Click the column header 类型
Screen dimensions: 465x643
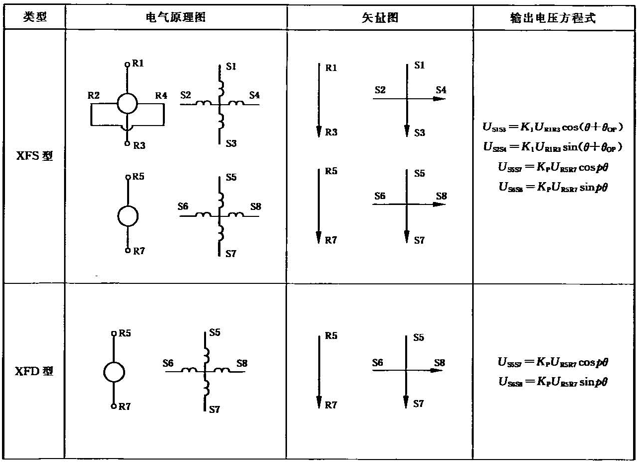(x=34, y=17)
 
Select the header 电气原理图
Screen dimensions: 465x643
(x=175, y=17)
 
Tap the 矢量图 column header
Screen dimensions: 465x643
(x=379, y=18)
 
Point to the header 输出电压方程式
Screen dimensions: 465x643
(x=553, y=18)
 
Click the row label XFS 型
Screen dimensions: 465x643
(x=34, y=156)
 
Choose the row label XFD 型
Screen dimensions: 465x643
(x=34, y=371)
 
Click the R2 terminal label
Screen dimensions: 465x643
(x=94, y=95)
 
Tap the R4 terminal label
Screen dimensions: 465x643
(x=161, y=95)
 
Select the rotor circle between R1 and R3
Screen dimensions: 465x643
(x=128, y=104)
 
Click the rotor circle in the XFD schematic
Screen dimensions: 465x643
(x=114, y=372)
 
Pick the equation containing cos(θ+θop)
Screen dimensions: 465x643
(x=553, y=127)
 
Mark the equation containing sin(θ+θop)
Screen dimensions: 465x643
(x=553, y=147)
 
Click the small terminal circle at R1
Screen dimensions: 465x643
(x=128, y=64)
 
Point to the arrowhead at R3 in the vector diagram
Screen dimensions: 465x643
(x=318, y=132)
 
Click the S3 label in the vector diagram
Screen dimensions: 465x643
(x=420, y=133)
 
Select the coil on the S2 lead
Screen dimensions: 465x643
(x=203, y=103)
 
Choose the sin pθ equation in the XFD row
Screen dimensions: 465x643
(x=553, y=382)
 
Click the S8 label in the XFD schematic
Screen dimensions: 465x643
(x=242, y=363)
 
